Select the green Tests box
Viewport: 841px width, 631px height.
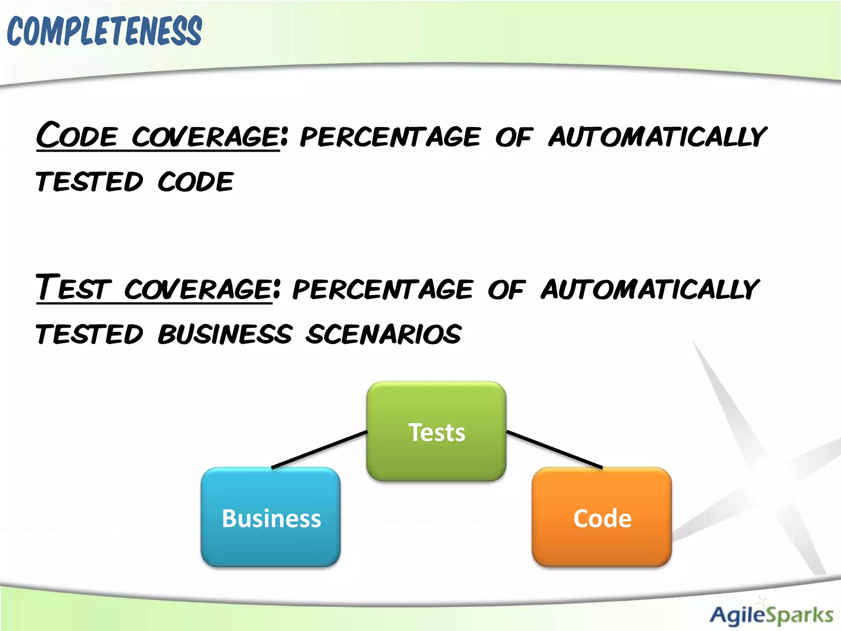pos(436,431)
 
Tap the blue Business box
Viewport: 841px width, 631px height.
pos(271,517)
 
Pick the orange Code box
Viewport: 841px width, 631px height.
pos(602,517)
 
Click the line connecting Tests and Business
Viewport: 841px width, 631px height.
pos(319,449)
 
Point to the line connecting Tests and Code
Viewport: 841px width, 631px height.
pos(554,449)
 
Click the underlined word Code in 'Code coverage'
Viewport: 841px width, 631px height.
pos(77,136)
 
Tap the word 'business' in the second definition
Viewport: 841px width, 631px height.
pos(225,334)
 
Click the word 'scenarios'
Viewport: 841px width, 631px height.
pos(384,334)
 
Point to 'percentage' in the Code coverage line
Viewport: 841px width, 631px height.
pos(390,137)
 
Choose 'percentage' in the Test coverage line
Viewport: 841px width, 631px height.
pos(383,289)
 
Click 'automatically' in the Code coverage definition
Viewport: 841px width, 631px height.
pos(657,137)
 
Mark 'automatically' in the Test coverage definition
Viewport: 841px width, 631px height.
pos(650,289)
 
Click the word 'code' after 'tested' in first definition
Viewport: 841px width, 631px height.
pos(195,182)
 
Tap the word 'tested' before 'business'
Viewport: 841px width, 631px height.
pos(90,334)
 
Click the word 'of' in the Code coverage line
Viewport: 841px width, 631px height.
pos(514,137)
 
